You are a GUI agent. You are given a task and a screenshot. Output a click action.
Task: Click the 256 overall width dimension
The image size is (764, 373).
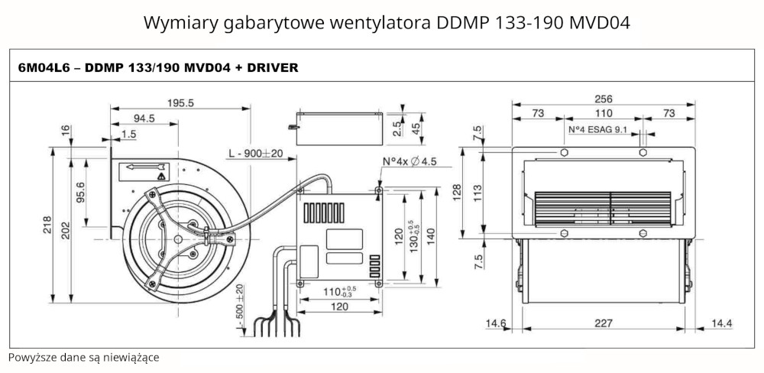coord(604,99)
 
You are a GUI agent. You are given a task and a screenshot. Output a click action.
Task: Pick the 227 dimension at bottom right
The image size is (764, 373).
coord(604,324)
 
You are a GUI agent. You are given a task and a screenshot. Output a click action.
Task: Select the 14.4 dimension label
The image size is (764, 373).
coord(720,324)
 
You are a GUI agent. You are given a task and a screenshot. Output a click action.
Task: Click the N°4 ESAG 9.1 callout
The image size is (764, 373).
coord(597,130)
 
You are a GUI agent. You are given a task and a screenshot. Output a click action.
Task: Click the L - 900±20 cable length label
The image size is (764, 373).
coord(255,154)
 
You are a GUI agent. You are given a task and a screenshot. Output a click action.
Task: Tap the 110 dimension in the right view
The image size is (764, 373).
coord(604,113)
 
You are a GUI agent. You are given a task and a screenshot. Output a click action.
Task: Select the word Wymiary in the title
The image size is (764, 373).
coord(173,23)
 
